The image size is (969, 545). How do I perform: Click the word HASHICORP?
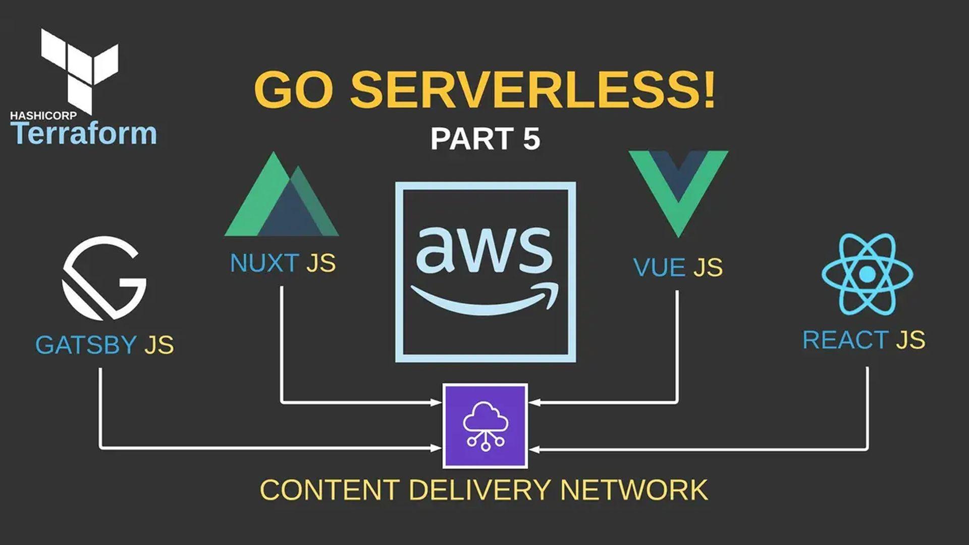click(43, 116)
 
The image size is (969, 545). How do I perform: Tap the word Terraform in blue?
click(84, 134)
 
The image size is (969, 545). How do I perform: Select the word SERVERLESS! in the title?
click(532, 90)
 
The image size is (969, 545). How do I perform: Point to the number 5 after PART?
click(531, 139)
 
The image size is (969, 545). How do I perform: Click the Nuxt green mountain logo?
click(281, 199)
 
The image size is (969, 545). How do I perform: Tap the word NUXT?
click(264, 263)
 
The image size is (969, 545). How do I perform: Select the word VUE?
click(659, 267)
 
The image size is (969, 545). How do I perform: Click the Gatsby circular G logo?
click(104, 278)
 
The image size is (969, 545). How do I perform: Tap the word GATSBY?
click(86, 345)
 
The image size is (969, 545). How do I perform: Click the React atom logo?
click(867, 274)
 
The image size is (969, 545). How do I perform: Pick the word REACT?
click(845, 340)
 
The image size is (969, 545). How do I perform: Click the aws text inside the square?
click(484, 250)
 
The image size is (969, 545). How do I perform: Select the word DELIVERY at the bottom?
click(479, 490)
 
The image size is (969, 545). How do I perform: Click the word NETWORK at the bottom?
click(634, 490)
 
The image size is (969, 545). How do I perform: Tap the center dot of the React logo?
click(867, 274)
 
